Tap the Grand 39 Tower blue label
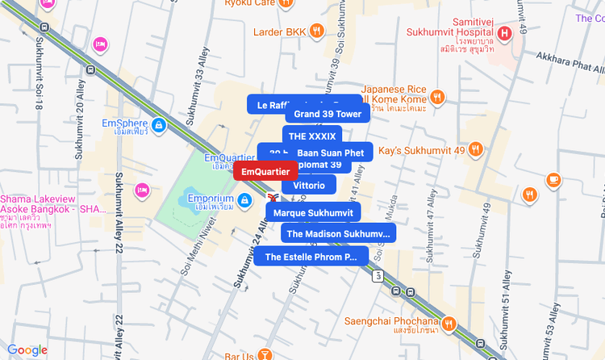tap(328, 114)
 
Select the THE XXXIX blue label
tap(311, 136)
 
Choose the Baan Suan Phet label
tap(331, 153)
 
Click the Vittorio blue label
tap(309, 185)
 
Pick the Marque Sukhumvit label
tap(313, 213)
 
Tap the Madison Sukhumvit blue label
tap(338, 234)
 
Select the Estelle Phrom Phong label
tap(311, 257)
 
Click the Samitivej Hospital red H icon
tap(504, 33)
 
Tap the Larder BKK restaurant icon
tap(317, 31)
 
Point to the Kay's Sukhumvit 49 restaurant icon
tap(476, 149)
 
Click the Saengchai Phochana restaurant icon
tap(449, 324)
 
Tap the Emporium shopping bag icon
tap(244, 199)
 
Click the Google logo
tap(27, 350)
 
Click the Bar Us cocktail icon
tap(266, 355)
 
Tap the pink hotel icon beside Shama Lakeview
tap(141, 190)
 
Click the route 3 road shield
tap(378, 276)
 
